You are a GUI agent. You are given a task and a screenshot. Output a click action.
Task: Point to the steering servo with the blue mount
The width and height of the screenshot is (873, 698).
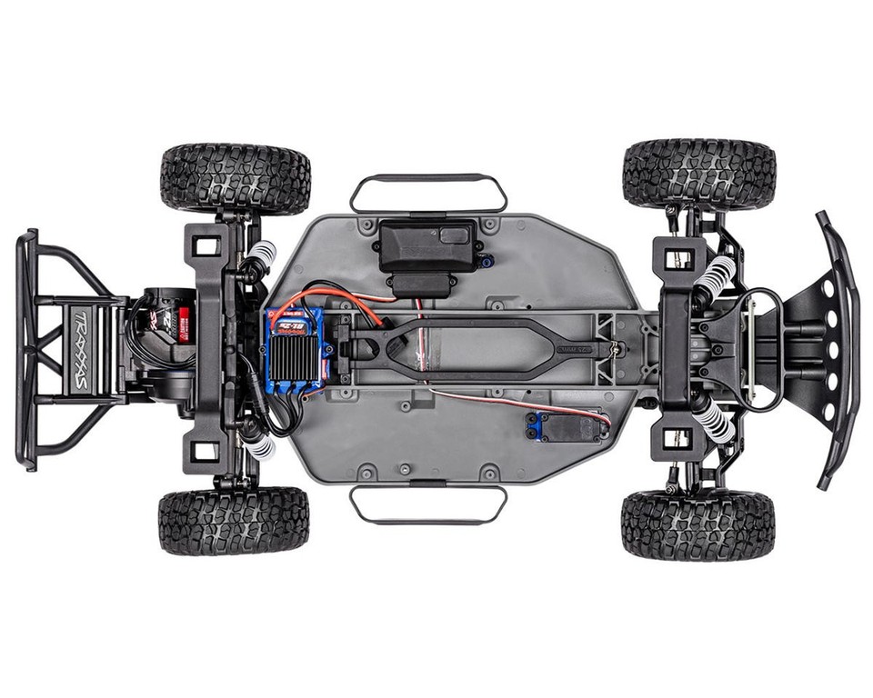point(566,425)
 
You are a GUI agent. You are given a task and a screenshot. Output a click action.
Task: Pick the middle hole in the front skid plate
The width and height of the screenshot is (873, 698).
point(830,350)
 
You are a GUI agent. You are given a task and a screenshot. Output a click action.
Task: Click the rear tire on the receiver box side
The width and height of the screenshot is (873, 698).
point(236,178)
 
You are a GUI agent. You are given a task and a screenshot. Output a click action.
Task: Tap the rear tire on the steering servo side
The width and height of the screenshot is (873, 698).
point(234,521)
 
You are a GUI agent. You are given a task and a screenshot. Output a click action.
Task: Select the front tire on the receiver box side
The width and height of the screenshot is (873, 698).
point(699,174)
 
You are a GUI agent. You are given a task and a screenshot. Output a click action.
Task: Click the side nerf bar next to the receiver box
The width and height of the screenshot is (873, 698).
point(428,192)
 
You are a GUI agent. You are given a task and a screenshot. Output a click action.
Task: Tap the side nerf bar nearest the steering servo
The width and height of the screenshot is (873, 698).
point(428,504)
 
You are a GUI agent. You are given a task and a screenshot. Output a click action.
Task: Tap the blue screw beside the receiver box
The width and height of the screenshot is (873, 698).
point(488,261)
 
